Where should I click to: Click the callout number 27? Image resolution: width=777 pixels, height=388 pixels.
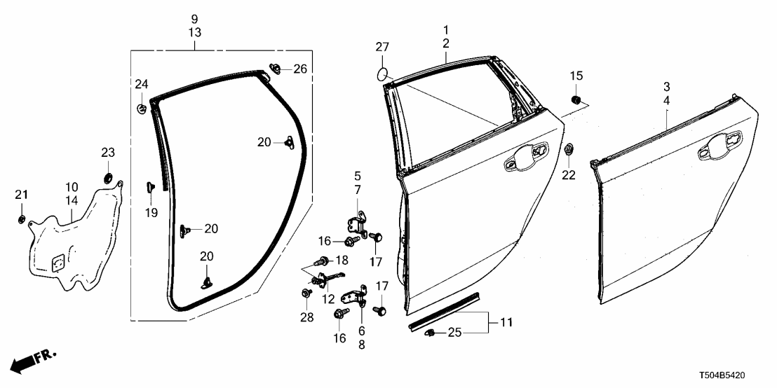coord(381,48)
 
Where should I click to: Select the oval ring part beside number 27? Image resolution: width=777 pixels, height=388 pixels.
coord(382,72)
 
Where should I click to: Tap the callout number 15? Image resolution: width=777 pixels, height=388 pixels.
coord(576,76)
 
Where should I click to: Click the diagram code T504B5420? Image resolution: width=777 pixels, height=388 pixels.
coord(741,376)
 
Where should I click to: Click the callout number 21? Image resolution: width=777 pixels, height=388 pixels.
coord(21,193)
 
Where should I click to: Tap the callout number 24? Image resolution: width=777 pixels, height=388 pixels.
coord(142,85)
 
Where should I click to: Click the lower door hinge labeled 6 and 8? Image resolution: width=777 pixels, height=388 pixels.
coord(358,298)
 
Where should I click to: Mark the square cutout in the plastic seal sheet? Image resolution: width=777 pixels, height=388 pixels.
coord(58,260)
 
